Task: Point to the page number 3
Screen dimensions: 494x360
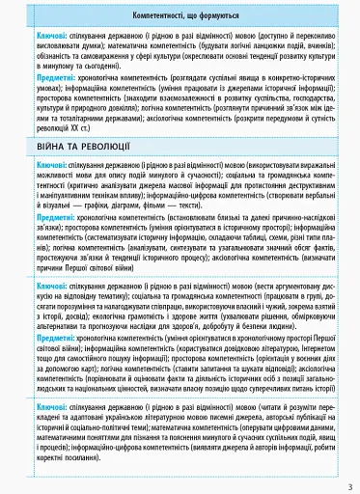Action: (x=350, y=485)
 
